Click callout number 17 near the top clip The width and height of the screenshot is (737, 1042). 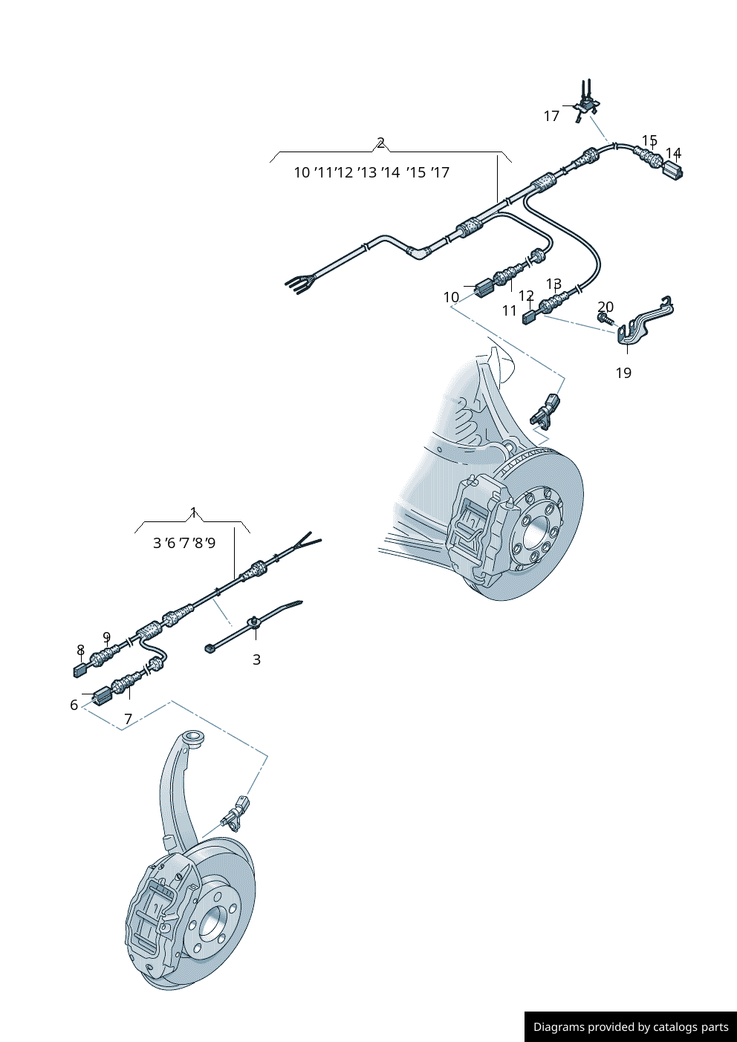[551, 116]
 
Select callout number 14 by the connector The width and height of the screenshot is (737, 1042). [673, 153]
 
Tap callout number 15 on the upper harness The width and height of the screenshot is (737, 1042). [649, 140]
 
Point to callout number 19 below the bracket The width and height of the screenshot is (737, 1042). [623, 373]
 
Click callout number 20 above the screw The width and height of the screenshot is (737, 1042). [605, 307]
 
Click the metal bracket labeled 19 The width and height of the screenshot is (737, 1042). [643, 323]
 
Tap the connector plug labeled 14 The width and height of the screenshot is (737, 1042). [672, 170]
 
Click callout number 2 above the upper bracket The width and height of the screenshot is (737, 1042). [380, 143]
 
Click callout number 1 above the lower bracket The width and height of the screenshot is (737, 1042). [193, 512]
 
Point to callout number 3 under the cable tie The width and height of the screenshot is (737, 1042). [256, 660]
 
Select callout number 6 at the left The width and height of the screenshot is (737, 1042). [74, 705]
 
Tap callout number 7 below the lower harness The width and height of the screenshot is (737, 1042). [128, 719]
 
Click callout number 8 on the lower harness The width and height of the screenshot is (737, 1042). [80, 651]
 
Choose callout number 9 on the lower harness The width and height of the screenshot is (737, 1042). [106, 637]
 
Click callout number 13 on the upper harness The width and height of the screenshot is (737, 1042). [553, 284]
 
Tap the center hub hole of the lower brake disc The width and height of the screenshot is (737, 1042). [212, 922]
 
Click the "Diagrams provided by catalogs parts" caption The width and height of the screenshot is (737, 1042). [631, 1027]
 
